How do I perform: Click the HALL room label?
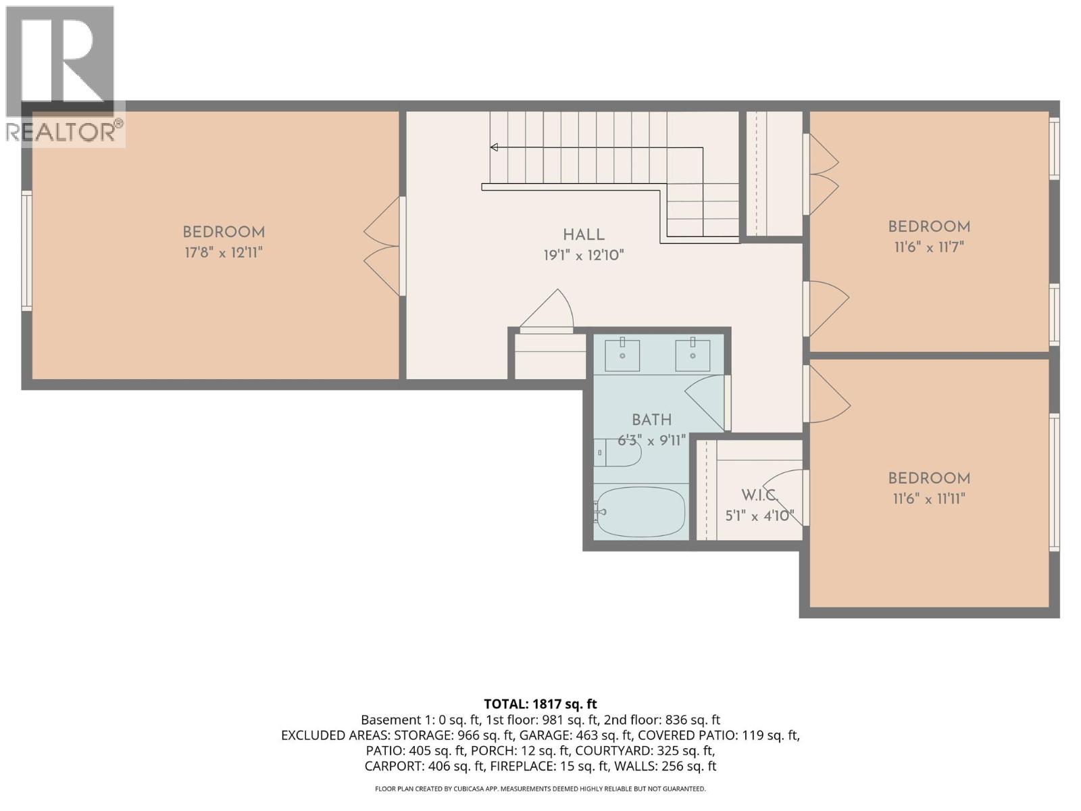tap(584, 235)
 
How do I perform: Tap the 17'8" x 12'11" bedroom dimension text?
tap(223, 253)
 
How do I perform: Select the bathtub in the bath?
tap(640, 511)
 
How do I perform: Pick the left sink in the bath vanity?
tap(622, 355)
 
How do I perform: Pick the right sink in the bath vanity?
tap(693, 355)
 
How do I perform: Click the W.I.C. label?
tap(759, 495)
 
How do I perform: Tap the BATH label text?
tap(651, 420)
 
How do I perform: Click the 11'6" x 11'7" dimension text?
tap(929, 247)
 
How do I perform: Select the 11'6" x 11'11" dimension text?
tap(929, 499)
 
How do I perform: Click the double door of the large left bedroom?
tap(384, 246)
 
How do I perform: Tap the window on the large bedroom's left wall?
tap(27, 251)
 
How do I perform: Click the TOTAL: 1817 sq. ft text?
tap(540, 704)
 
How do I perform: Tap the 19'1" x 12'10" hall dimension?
tap(584, 255)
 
